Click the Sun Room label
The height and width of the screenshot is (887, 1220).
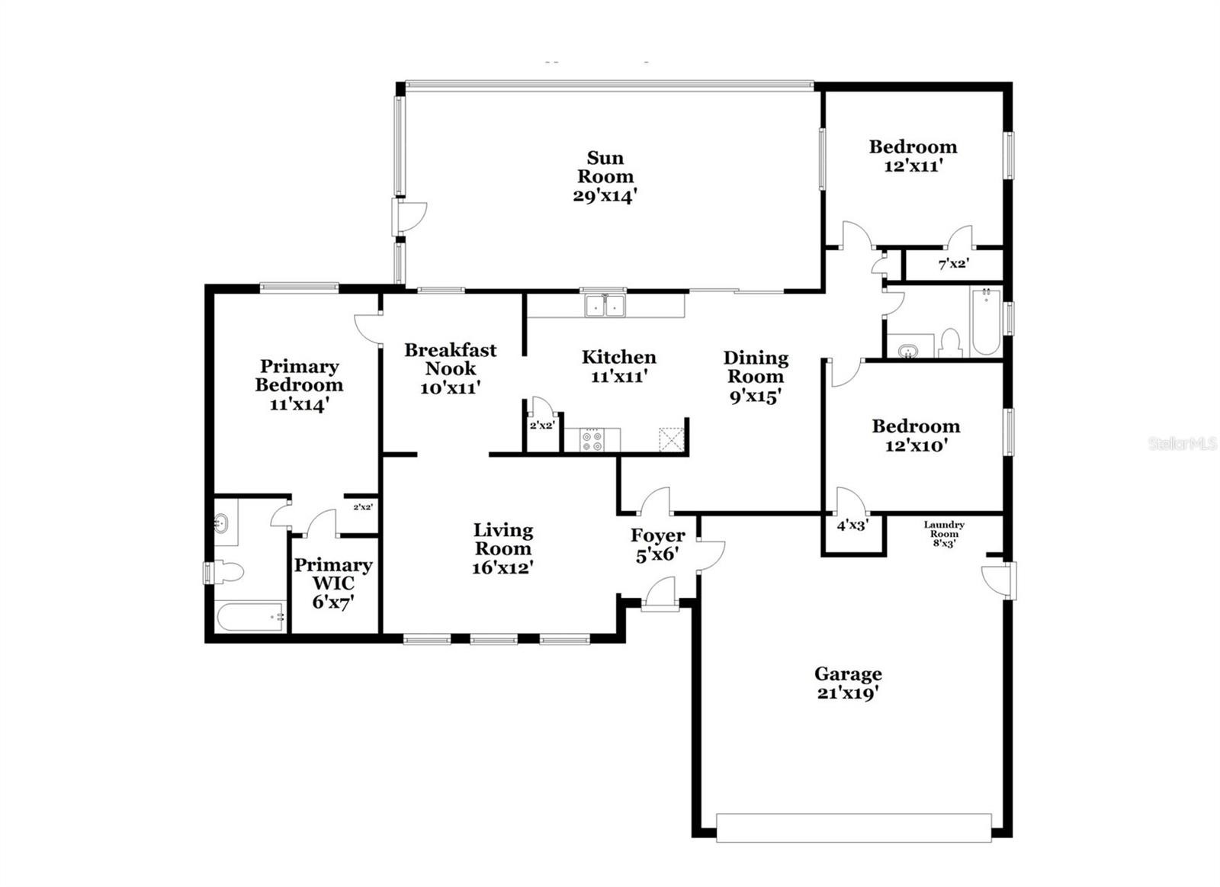click(605, 167)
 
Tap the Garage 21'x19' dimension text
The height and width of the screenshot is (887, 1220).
click(848, 693)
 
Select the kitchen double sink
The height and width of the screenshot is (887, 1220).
click(605, 306)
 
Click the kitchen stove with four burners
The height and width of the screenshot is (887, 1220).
click(592, 440)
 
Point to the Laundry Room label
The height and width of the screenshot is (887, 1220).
click(944, 529)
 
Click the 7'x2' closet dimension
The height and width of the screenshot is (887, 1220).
click(954, 265)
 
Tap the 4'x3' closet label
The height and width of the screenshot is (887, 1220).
click(852, 526)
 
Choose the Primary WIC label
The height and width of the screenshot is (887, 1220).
click(333, 574)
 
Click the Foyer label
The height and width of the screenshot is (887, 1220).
click(658, 535)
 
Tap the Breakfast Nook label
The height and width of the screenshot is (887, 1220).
click(451, 359)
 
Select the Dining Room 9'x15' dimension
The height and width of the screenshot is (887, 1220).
click(756, 397)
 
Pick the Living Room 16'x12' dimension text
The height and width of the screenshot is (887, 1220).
click(502, 567)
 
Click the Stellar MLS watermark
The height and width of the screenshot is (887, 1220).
click(1183, 444)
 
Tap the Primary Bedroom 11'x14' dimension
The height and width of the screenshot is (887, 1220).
click(299, 404)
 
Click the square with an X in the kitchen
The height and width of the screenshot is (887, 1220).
click(672, 440)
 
